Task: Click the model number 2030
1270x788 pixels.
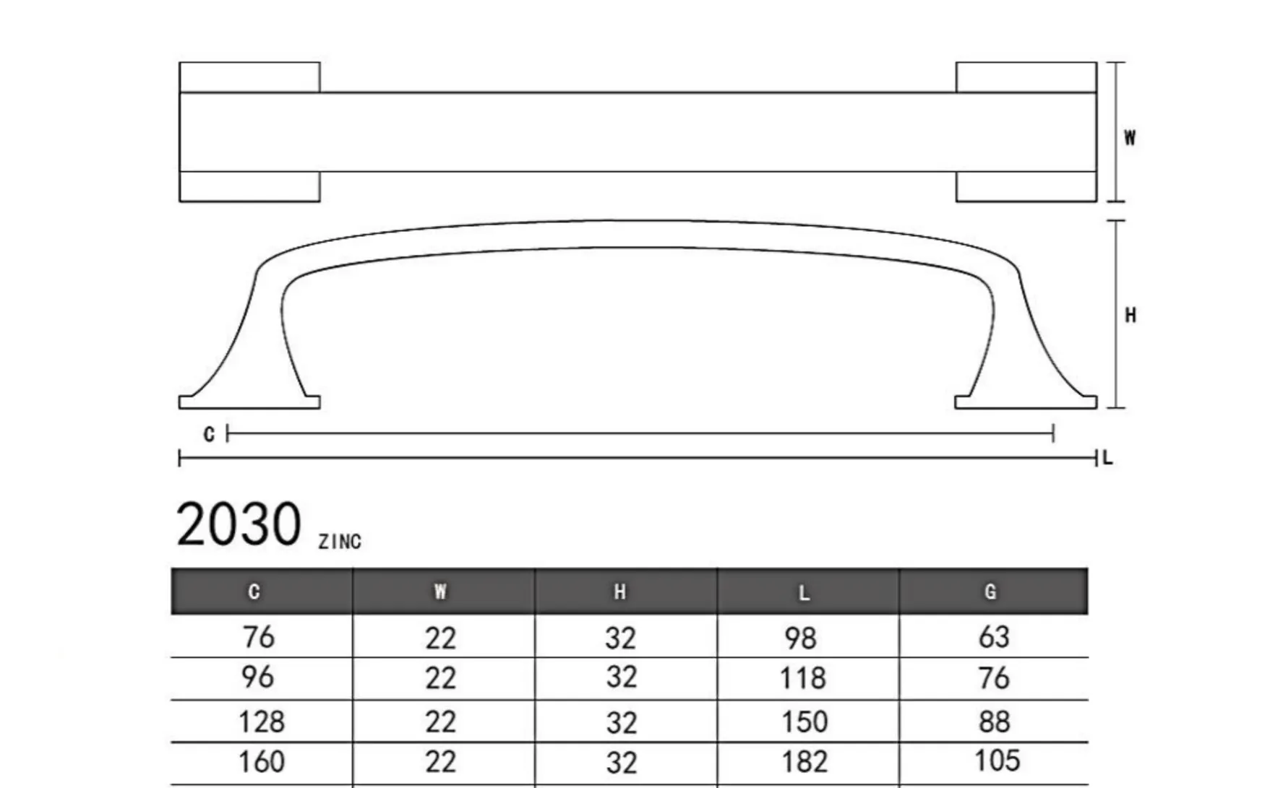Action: [239, 524]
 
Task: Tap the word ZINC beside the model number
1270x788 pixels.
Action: [340, 542]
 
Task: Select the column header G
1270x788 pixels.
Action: [990, 592]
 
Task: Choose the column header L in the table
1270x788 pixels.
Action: [804, 593]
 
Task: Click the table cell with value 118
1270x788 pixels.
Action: [802, 678]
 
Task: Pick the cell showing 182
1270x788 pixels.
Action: [804, 761]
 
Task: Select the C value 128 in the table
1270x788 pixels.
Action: [261, 722]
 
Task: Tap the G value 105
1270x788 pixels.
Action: [996, 761]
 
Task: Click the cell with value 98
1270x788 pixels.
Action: [800, 638]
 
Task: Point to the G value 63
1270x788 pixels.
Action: [994, 637]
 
